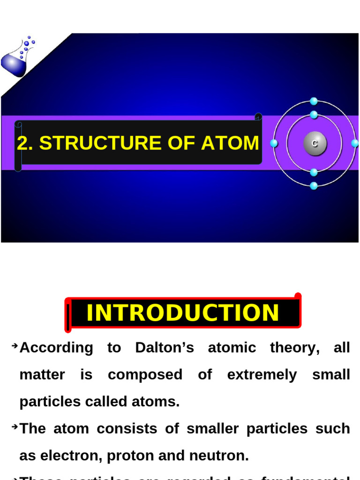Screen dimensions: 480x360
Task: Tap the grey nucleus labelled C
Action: click(x=314, y=143)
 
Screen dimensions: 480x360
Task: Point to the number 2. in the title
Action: click(x=25, y=143)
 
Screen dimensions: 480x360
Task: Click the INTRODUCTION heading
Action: click(x=182, y=313)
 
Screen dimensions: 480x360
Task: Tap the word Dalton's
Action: click(x=164, y=348)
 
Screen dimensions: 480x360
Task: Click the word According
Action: click(x=56, y=348)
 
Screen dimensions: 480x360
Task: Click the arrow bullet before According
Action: click(x=15, y=346)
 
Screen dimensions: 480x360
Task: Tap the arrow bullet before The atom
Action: click(x=15, y=427)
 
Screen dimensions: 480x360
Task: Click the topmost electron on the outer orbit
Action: click(x=314, y=101)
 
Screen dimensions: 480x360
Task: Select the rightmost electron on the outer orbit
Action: click(x=355, y=143)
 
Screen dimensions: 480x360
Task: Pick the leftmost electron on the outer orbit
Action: click(x=274, y=143)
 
